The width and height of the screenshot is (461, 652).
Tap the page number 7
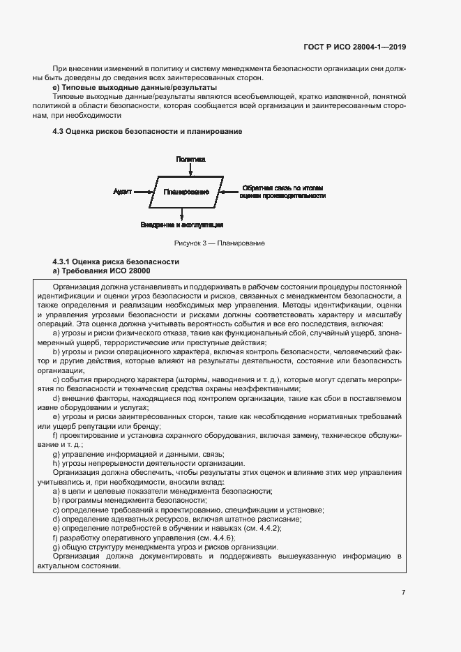click(403, 592)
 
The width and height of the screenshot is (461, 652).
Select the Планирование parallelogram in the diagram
click(186, 191)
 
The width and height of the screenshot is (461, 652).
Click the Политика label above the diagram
click(190, 159)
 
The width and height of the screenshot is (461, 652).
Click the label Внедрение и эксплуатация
click(181, 225)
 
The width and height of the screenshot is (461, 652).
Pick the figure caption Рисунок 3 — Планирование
click(219, 243)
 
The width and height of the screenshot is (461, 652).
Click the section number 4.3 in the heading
click(59, 132)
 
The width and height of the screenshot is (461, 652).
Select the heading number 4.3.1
click(64, 261)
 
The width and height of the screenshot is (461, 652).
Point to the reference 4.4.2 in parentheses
click(292, 529)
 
